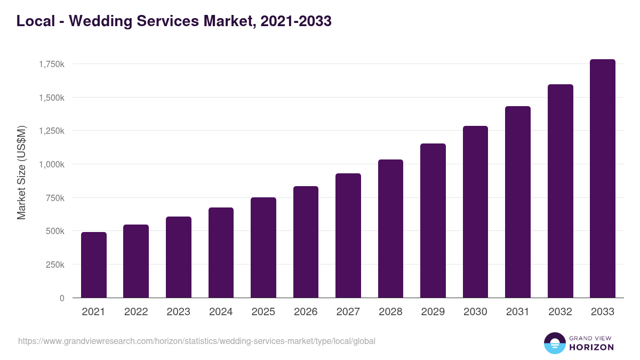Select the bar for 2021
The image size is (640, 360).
93,265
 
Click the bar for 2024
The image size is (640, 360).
221,253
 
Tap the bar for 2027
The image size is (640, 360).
348,236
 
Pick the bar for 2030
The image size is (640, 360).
475,212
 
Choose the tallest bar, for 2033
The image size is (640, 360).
603,179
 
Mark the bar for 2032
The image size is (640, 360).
560,191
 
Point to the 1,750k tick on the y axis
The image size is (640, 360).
52,64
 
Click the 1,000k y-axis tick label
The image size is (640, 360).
52,164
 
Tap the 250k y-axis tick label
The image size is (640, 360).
55,265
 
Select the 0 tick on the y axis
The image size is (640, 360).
62,298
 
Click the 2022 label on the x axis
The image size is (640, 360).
136,312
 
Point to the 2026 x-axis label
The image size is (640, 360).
306,312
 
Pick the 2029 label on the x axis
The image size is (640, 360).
433,312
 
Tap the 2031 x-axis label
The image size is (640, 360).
518,312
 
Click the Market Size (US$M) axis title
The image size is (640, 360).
21,172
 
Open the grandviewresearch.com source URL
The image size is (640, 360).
197,341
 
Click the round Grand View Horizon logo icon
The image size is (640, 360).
554,343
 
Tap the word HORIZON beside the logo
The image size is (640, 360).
591,347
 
